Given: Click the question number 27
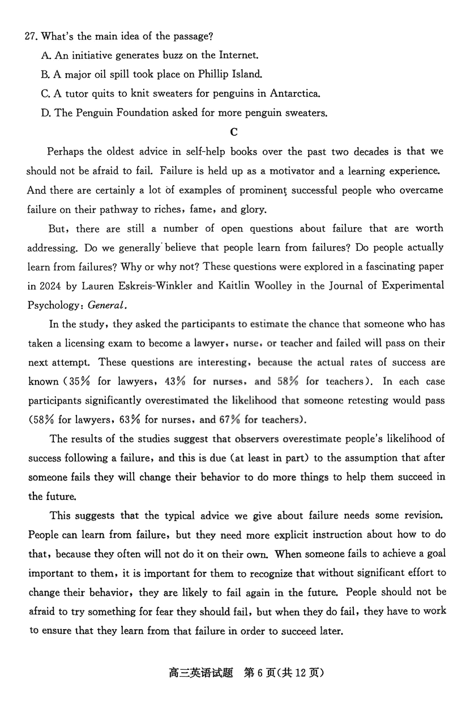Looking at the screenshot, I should [31, 37].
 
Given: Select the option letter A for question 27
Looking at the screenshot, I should [46, 55].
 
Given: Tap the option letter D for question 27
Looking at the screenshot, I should [46, 113].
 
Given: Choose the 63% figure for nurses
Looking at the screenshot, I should [140, 420].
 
